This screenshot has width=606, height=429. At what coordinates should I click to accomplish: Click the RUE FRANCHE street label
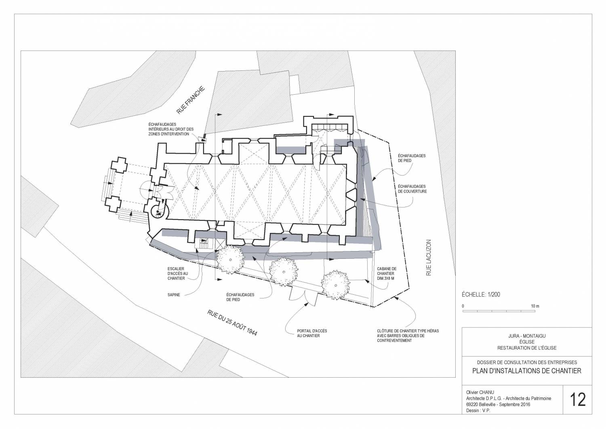coord(191,100)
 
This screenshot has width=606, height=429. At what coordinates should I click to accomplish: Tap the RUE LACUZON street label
coord(429,258)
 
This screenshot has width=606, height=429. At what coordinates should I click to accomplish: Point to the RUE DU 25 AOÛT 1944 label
coord(232,323)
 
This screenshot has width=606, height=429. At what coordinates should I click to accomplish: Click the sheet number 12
coord(578,399)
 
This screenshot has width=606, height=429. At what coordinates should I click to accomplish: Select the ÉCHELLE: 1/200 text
coord(481,294)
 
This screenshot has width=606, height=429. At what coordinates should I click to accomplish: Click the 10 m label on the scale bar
coord(535,306)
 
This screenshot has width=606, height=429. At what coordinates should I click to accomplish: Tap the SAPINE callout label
coord(174,295)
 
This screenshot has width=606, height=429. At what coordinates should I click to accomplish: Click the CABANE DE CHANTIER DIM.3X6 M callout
coord(387,274)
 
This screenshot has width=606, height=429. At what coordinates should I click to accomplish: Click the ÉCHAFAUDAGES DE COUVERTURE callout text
coord(412,189)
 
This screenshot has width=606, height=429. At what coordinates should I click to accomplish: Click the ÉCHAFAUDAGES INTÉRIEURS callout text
coord(171,129)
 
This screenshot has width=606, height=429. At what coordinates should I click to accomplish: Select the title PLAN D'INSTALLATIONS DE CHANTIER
coord(527,371)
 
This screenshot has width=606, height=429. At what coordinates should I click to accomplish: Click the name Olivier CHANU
coord(480,392)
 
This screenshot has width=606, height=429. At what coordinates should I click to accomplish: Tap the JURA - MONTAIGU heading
coord(527,336)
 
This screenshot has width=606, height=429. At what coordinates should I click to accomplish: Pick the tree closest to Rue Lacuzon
coord(335,285)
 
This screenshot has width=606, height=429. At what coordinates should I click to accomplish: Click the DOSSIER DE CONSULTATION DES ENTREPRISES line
coord(527,362)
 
